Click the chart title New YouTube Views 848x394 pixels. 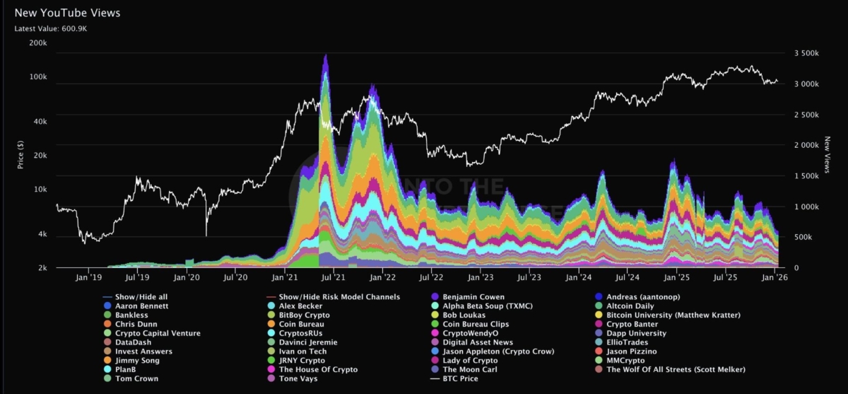pos(68,13)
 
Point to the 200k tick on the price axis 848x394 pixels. pos(37,43)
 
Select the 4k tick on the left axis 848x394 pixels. pos(42,234)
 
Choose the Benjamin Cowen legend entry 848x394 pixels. pos(473,296)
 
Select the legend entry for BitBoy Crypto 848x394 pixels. pos(305,315)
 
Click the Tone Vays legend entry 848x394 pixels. pos(298,378)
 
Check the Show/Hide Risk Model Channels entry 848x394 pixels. pos(339,296)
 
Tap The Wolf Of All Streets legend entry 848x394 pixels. pos(676,369)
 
